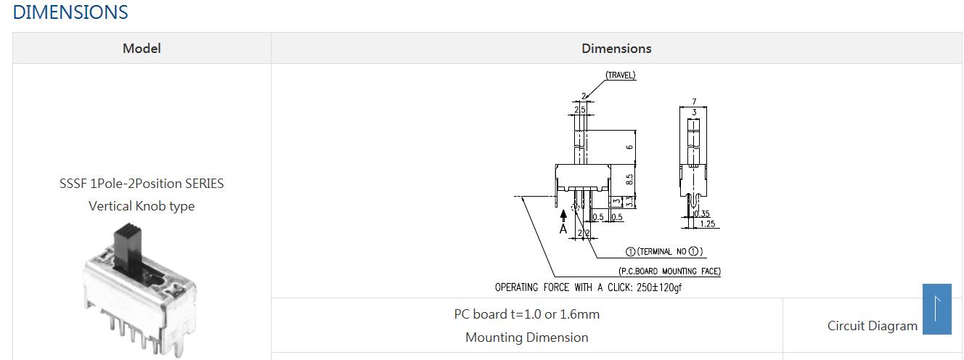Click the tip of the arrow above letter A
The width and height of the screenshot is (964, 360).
(x=563, y=210)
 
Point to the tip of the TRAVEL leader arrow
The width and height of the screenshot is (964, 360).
(x=585, y=99)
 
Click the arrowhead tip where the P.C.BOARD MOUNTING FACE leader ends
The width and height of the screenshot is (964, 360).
(x=521, y=197)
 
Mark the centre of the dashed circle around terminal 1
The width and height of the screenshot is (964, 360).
(x=575, y=208)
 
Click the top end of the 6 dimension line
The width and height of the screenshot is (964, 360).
(x=636, y=130)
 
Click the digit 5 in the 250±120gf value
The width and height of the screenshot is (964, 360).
(x=645, y=287)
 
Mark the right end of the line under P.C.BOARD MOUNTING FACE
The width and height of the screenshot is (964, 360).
(x=721, y=277)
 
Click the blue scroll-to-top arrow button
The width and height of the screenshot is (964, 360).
(x=936, y=308)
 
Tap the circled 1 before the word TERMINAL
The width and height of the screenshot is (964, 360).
(x=630, y=252)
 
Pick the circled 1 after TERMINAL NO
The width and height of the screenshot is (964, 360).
(x=693, y=251)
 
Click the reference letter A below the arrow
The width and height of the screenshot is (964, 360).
(x=563, y=229)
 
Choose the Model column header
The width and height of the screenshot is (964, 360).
(x=142, y=48)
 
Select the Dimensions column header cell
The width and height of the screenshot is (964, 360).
(x=616, y=48)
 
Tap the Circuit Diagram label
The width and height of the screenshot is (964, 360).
(x=873, y=326)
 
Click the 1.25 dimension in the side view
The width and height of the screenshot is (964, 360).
(x=708, y=224)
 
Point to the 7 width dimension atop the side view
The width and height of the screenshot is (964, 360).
(x=694, y=102)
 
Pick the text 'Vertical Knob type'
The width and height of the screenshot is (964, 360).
(x=142, y=206)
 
